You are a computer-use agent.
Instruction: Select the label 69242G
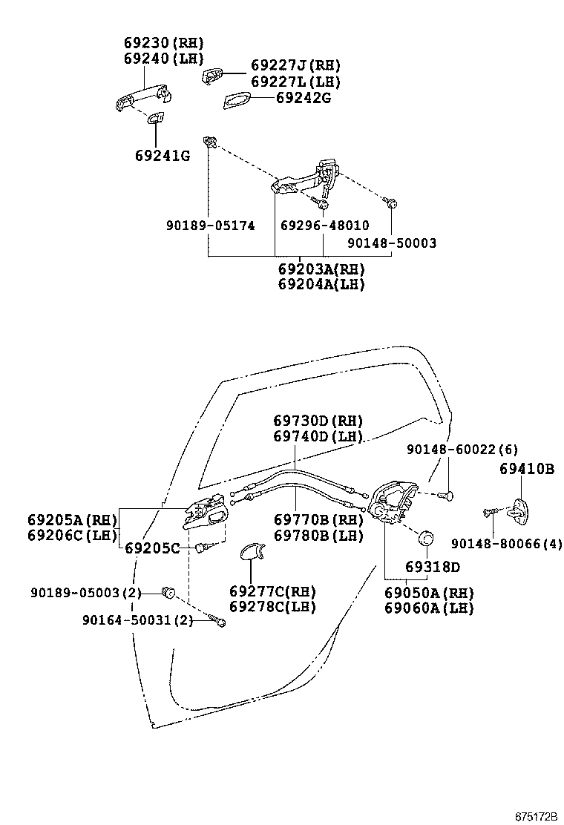pos(303,98)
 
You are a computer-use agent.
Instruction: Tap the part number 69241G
pos(163,156)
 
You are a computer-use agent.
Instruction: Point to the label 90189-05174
pos(210,225)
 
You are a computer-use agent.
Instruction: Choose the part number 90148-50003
pos(392,243)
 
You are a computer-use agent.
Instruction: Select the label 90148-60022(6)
pos(462,450)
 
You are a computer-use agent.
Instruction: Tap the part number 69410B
pos(527,469)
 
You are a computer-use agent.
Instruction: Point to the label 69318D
pos(433,568)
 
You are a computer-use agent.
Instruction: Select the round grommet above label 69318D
pos(427,537)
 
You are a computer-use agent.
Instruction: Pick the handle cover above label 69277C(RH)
pos(251,551)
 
